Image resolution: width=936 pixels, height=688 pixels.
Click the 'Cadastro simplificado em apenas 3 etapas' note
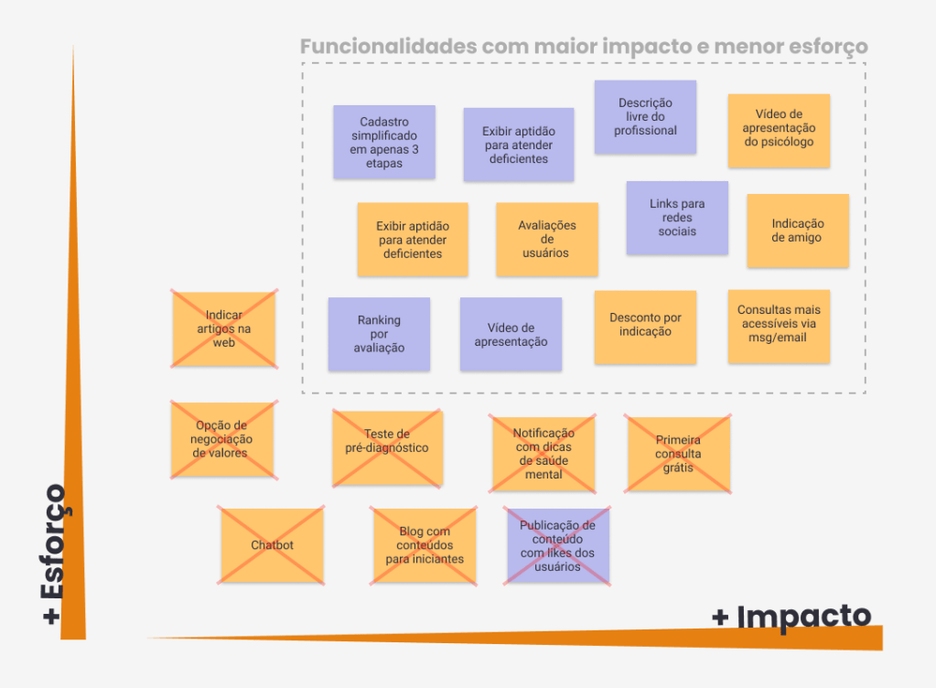383,142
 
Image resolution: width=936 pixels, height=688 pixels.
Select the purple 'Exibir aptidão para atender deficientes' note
518,145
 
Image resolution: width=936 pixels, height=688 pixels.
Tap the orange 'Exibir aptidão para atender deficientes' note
413,240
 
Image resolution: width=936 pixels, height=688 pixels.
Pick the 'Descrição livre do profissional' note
645,117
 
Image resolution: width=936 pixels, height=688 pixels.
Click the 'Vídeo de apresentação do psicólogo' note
779,131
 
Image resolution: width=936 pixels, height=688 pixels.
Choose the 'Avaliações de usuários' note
547,240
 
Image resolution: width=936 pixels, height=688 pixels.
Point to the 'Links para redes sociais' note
677,218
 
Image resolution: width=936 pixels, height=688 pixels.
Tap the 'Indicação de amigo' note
797,231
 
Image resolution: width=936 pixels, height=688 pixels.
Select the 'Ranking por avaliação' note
379,334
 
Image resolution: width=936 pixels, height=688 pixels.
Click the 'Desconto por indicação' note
645,327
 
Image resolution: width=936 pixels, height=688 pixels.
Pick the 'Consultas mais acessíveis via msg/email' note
779,326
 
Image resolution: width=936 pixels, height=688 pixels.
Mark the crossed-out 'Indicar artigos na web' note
224,329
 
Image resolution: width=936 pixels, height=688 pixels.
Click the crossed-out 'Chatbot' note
272,545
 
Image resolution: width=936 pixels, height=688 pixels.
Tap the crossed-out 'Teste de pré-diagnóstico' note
387,447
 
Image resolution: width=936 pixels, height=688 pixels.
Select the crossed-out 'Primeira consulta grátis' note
678,454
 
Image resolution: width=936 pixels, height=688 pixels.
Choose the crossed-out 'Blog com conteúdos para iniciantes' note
425,545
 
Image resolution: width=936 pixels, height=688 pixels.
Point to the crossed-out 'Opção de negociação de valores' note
223,439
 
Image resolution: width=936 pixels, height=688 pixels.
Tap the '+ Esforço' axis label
54,554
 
